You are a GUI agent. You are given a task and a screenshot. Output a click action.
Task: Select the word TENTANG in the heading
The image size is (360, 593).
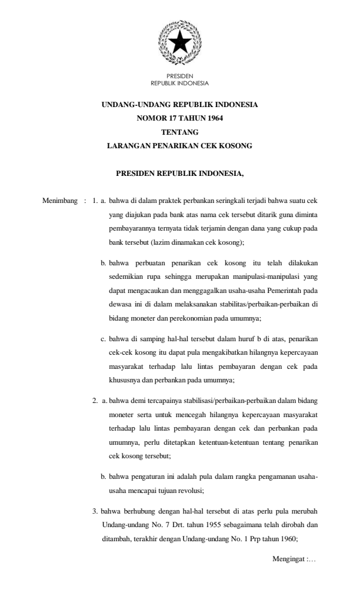(x=179, y=132)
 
